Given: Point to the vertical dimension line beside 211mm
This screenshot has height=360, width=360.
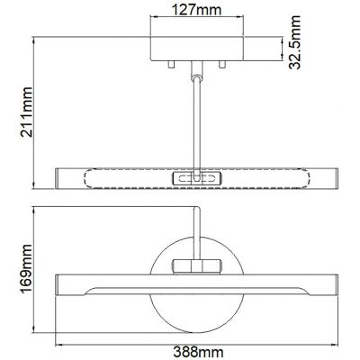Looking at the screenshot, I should [x=33, y=112].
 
